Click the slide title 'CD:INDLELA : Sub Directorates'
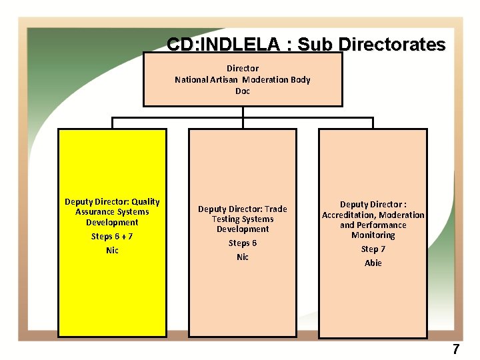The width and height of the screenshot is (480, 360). tap(306, 45)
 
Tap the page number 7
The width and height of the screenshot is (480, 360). tap(456, 349)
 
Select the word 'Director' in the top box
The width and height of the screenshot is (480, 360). tap(243, 68)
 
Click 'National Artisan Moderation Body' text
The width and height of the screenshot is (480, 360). tap(243, 79)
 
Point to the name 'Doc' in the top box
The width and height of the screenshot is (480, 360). tap(243, 91)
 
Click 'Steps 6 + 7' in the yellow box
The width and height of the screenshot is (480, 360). tap(112, 236)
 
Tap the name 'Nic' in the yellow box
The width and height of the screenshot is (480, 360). tap(112, 250)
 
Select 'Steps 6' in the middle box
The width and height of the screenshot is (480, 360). tap(243, 243)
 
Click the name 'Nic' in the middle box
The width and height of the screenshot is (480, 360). tap(243, 257)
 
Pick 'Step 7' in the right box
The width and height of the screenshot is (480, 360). tap(373, 249)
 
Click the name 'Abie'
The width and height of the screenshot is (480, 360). tap(373, 263)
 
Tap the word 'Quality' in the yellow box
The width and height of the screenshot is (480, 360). tap(145, 201)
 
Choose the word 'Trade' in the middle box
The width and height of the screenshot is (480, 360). tap(275, 209)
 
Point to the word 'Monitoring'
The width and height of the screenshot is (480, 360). tap(373, 235)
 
